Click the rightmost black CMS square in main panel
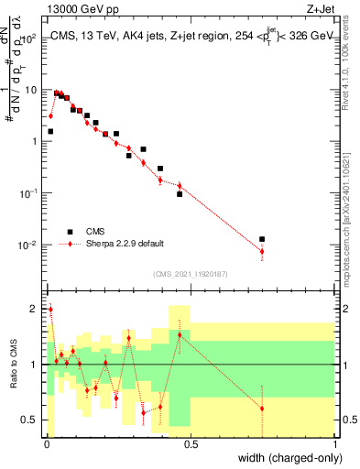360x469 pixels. tap(262, 239)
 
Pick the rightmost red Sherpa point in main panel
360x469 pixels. tap(262, 251)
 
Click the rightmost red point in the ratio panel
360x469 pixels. tap(262, 409)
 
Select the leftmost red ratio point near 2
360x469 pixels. tap(50, 310)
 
